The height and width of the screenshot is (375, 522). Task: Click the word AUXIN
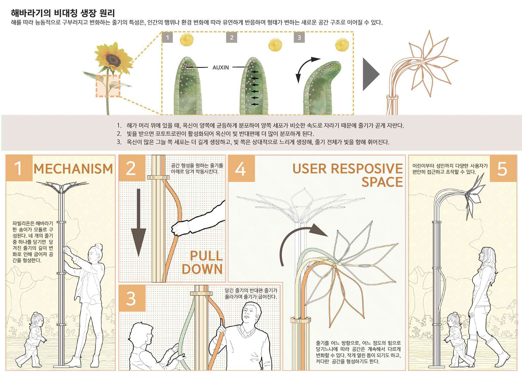tap(220, 67)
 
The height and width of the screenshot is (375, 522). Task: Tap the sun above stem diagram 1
tap(187, 39)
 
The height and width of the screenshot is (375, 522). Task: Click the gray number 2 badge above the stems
tap(232, 38)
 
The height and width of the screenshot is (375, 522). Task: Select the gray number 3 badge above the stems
tap(299, 38)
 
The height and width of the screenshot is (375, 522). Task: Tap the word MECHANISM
tap(73, 169)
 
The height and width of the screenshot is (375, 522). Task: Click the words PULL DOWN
tap(203, 262)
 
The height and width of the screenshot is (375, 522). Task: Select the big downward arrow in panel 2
tap(138, 223)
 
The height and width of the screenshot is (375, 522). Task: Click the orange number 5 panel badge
tap(503, 168)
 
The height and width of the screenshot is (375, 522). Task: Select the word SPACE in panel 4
tap(382, 182)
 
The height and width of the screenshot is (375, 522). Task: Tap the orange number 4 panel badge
tap(241, 169)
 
